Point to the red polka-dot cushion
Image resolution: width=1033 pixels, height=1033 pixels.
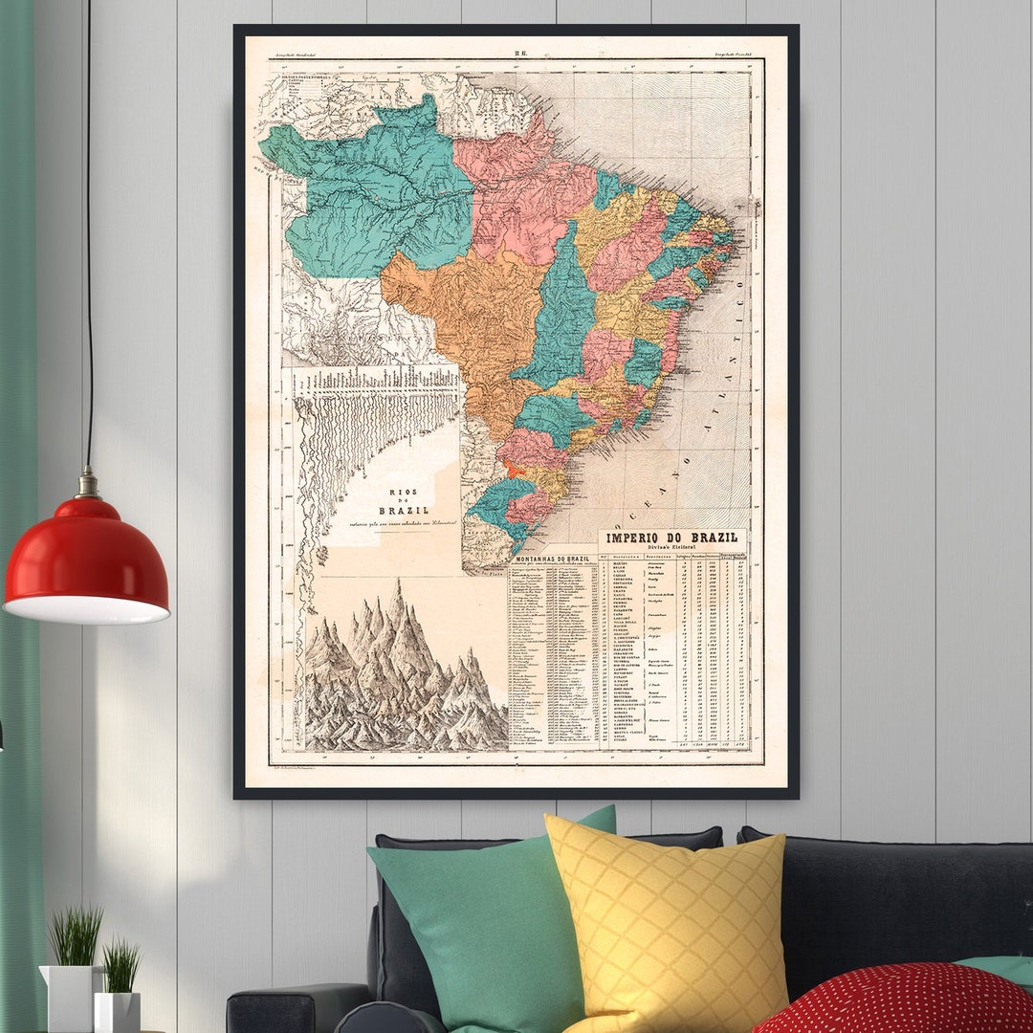pos(899,1000)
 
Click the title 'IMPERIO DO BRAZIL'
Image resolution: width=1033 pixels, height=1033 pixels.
pos(673,540)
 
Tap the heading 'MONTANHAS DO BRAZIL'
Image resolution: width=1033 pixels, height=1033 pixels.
pos(553,559)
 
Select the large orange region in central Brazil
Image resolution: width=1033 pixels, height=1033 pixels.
pos(469,306)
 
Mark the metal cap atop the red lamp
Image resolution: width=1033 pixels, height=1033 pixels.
pos(88,483)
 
